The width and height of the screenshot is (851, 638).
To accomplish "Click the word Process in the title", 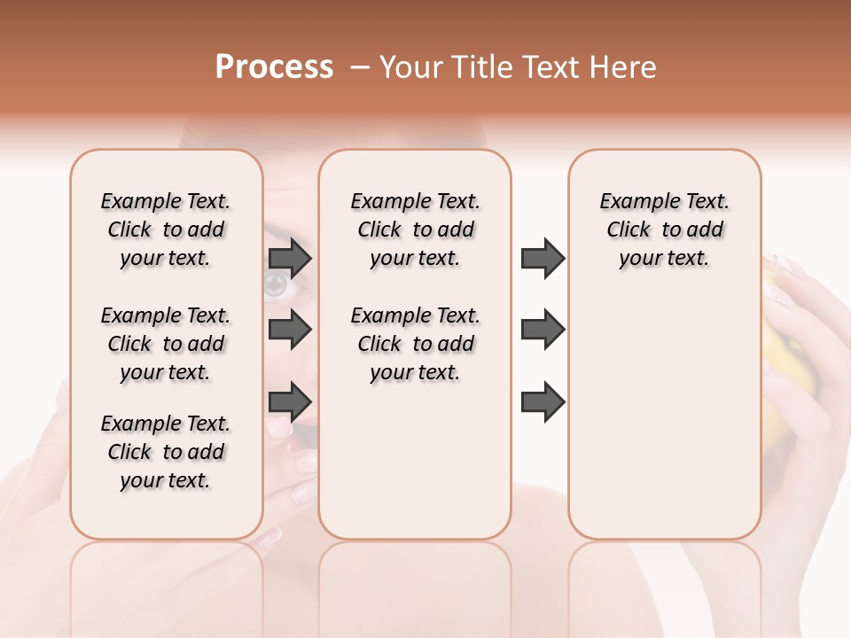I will coord(274,67).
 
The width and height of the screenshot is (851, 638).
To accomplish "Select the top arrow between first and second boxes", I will coord(290,258).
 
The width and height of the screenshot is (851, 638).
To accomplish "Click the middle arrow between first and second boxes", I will coord(290,330).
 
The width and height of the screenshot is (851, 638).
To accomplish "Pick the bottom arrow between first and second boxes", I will coord(290,401).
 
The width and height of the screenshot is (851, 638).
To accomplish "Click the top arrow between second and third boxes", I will coord(543,258).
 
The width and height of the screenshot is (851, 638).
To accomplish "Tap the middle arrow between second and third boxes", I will coord(543,330).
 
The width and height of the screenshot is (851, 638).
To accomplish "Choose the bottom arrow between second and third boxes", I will coord(543,401).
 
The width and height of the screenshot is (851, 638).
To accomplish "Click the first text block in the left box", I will coord(166,230).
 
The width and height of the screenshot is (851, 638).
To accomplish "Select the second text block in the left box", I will coord(166,344).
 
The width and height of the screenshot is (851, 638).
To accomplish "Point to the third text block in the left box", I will coord(166,452).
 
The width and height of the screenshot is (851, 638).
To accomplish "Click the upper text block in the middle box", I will coord(415,230).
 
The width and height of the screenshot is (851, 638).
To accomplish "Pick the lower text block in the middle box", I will coord(415,344).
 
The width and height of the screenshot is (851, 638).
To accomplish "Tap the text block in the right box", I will coord(664,230).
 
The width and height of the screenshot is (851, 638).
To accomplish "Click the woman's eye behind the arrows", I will coord(275,284).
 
